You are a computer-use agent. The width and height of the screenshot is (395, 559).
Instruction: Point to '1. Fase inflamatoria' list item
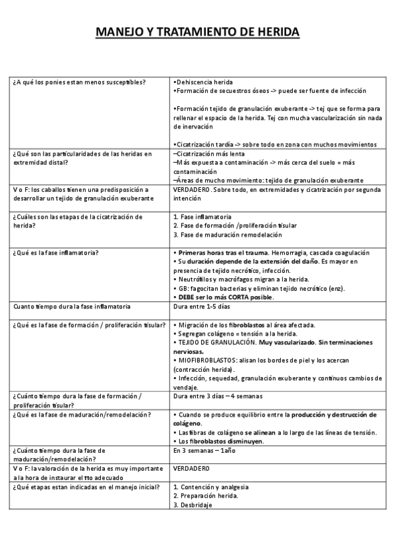pyautogui.click(x=202, y=216)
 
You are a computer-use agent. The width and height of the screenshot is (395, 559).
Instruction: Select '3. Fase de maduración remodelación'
pyautogui.click(x=227, y=235)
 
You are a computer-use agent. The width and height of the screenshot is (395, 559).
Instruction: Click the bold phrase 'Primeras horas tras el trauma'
pyautogui.click(x=222, y=252)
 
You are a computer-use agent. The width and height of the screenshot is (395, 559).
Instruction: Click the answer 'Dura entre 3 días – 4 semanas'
pyautogui.click(x=218, y=396)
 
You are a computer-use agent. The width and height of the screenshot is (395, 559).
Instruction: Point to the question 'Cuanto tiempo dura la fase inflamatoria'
pyautogui.click(x=72, y=307)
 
